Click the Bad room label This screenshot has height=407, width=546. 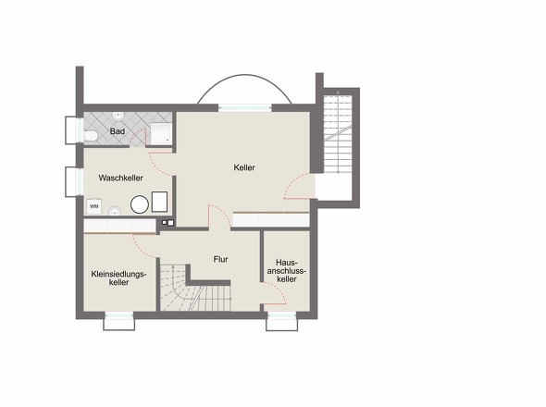point(118,131)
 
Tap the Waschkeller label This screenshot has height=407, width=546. point(121,178)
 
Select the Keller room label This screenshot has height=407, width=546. point(244,167)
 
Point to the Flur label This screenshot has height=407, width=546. point(221,259)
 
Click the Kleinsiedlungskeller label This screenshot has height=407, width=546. point(118,277)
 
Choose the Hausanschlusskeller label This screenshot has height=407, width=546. point(287,270)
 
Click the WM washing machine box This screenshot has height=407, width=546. point(94,206)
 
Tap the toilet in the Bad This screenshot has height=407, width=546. point(91,135)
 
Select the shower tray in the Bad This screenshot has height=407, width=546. point(161,133)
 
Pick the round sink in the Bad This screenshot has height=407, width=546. point(118,117)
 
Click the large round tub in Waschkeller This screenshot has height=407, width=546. point(140,204)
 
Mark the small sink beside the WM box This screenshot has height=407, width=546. point(115,210)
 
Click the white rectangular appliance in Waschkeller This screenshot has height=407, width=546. point(159,202)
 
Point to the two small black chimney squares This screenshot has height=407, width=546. point(168,223)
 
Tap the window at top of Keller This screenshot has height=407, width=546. point(245,107)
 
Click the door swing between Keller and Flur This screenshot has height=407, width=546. point(219,216)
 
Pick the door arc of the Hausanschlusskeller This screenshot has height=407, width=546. point(275,293)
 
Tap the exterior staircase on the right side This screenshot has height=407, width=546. point(337,134)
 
